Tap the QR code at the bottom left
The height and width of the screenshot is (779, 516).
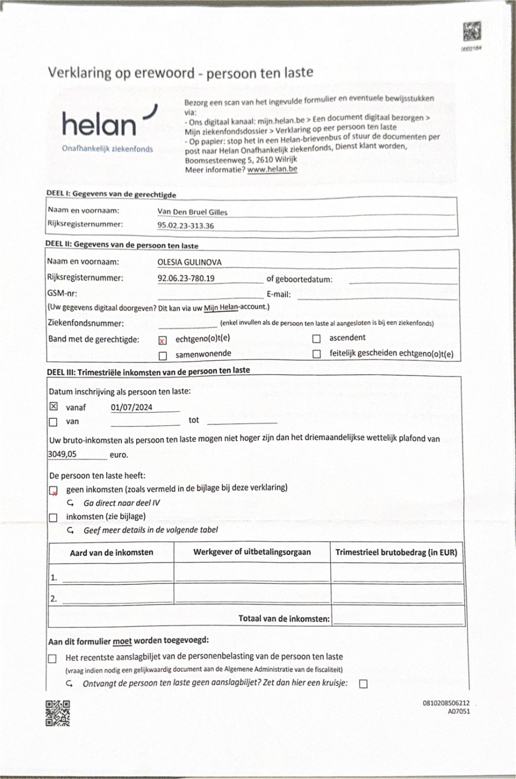pyautogui.click(x=58, y=713)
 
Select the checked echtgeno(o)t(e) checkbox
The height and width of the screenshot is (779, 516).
pyautogui.click(x=162, y=341)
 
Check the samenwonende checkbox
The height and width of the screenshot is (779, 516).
pyautogui.click(x=163, y=356)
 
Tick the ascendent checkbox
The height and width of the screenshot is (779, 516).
pyautogui.click(x=316, y=338)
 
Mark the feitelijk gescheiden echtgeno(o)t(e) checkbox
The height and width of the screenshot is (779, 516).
pyautogui.click(x=316, y=354)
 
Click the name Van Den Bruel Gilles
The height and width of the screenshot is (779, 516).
pyautogui.click(x=192, y=212)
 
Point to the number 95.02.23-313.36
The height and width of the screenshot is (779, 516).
pyautogui.click(x=185, y=226)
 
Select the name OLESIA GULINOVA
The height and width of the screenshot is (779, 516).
pyautogui.click(x=189, y=263)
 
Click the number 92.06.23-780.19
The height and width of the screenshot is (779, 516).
pyautogui.click(x=186, y=278)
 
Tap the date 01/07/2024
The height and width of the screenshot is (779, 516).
pyautogui.click(x=131, y=407)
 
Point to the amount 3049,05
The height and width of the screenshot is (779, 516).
pyautogui.click(x=62, y=454)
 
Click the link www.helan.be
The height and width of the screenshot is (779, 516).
pyautogui.click(x=272, y=169)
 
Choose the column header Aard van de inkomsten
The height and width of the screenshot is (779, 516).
pyautogui.click(x=111, y=553)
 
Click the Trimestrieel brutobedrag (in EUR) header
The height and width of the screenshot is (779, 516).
pyautogui.click(x=396, y=553)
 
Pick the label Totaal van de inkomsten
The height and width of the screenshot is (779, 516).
pyautogui.click(x=284, y=618)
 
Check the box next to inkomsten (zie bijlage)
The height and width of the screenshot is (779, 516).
pyautogui.click(x=53, y=517)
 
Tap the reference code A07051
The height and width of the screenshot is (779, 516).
pyautogui.click(x=459, y=711)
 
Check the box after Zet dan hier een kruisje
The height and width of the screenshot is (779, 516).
pyautogui.click(x=363, y=684)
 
